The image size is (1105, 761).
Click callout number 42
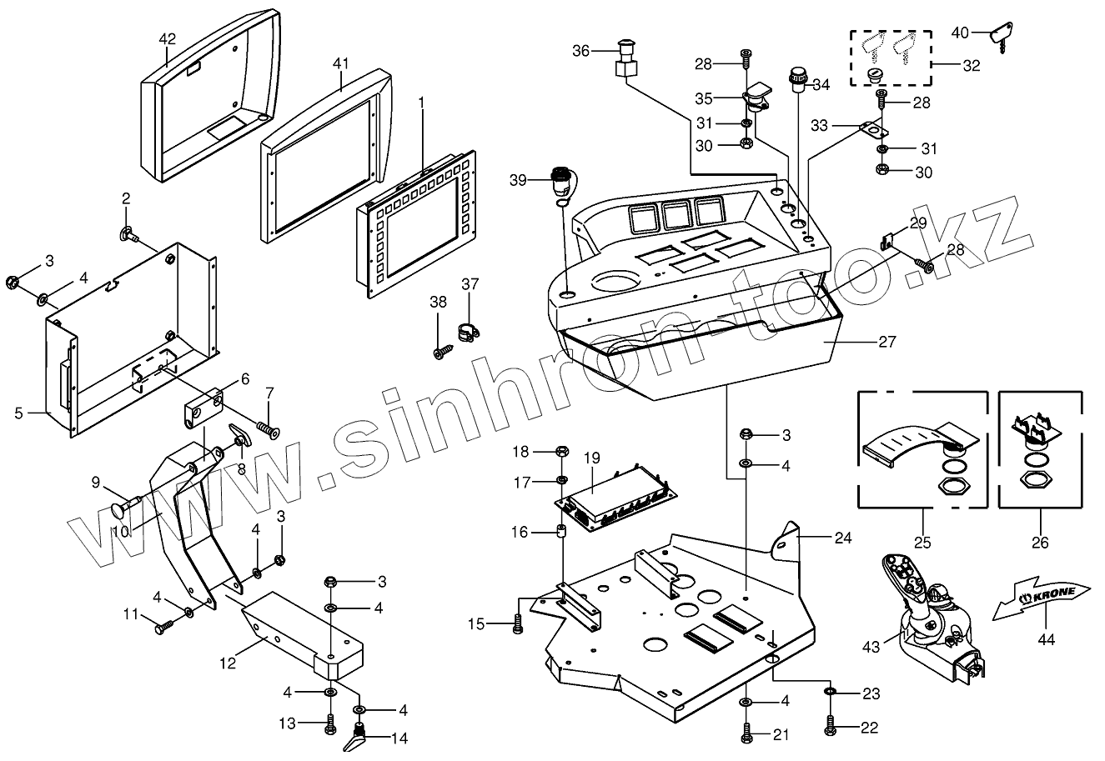pyautogui.click(x=167, y=38)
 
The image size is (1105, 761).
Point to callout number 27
pyautogui.click(x=886, y=341)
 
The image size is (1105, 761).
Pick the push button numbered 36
pyautogui.click(x=625, y=58)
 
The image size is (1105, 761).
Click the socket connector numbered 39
pyautogui.click(x=560, y=182)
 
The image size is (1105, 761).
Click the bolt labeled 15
pyautogui.click(x=517, y=623)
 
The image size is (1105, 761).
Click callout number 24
pyautogui.click(x=842, y=538)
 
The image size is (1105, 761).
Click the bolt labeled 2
pyautogui.click(x=130, y=233)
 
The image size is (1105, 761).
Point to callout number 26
pyautogui.click(x=1039, y=542)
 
